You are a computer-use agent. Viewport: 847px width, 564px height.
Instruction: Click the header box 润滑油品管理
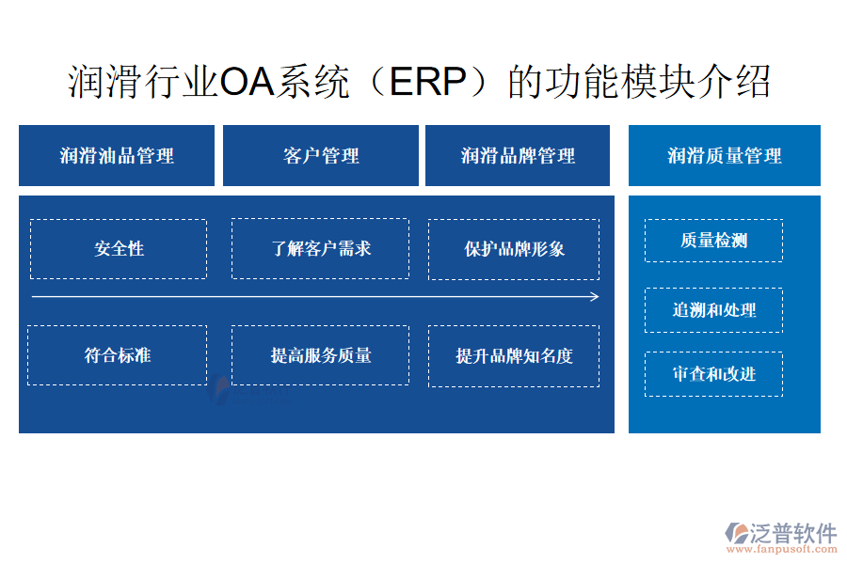(x=117, y=155)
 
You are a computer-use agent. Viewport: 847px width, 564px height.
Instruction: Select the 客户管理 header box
(x=321, y=155)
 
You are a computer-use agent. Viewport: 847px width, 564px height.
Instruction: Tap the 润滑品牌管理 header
(x=518, y=155)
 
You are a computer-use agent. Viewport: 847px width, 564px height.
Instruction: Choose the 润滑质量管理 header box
(x=725, y=155)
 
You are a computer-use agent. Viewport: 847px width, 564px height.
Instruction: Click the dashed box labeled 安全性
(x=119, y=249)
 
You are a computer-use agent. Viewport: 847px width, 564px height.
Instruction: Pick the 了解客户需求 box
(x=320, y=248)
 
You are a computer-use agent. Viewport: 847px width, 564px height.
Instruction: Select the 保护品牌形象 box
(x=514, y=249)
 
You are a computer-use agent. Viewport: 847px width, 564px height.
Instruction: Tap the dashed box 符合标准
(x=118, y=355)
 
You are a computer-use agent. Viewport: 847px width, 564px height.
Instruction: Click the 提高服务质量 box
(x=320, y=355)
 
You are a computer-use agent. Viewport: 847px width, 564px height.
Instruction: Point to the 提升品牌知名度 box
(x=514, y=356)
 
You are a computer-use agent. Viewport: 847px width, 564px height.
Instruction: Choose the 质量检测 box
(x=713, y=241)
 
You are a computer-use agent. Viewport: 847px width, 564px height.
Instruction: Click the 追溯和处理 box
(x=713, y=310)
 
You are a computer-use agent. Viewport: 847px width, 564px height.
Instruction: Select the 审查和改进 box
(x=713, y=374)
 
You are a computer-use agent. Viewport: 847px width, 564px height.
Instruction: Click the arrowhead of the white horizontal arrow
(x=598, y=296)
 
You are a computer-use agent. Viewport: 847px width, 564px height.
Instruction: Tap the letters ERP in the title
(x=427, y=82)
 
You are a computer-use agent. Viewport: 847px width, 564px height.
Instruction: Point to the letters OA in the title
(x=248, y=82)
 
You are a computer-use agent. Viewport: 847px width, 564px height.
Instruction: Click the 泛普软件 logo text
(x=792, y=533)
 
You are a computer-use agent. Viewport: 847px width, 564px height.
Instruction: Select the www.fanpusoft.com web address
(x=781, y=549)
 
